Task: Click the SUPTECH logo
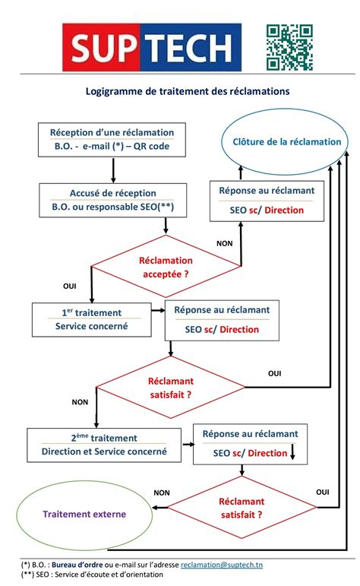pyautogui.click(x=151, y=46)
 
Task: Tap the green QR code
pyautogui.click(x=289, y=47)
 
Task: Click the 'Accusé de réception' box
pyautogui.click(x=113, y=200)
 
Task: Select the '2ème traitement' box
pyautogui.click(x=104, y=445)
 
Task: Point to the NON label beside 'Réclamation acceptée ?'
pyautogui.click(x=225, y=244)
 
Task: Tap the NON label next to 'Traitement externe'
pyautogui.click(x=161, y=492)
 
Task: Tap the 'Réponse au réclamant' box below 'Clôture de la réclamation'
pyautogui.click(x=261, y=200)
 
